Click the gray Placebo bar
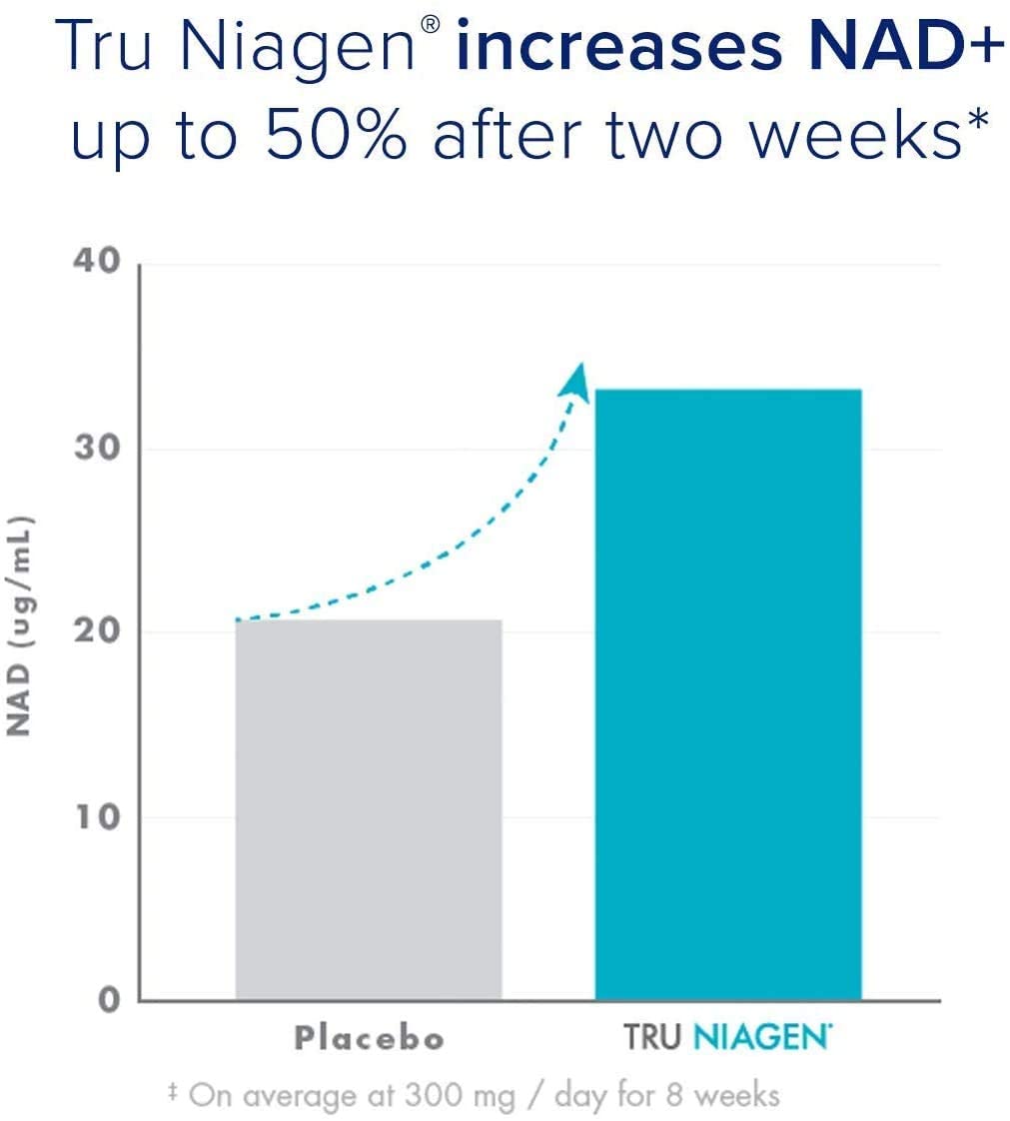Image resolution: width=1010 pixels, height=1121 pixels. click(368, 809)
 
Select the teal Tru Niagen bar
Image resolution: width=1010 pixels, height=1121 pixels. click(727, 694)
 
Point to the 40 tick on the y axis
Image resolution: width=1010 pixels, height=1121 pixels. click(97, 262)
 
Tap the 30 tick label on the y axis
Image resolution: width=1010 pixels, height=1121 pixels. click(97, 448)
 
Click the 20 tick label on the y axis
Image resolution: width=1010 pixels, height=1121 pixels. click(97, 632)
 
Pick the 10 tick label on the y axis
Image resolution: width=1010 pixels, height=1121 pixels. click(97, 816)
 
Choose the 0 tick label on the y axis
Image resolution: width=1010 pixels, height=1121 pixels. click(108, 1000)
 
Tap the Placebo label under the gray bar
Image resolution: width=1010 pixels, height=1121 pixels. click(369, 1039)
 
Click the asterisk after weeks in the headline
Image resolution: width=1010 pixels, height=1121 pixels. click(975, 125)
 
